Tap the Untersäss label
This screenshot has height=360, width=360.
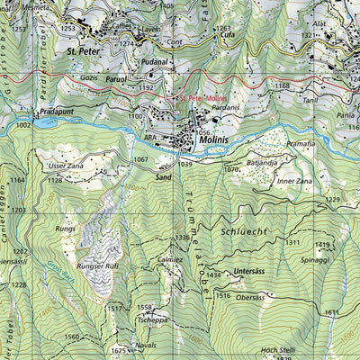pos(247,271)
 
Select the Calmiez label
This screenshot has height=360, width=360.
pos(170,259)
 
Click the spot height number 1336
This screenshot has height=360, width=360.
pos(183,238)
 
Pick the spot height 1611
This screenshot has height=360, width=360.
pos(331,311)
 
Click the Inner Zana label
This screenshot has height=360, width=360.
pos(293,182)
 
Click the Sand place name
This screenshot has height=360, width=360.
pos(163,178)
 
